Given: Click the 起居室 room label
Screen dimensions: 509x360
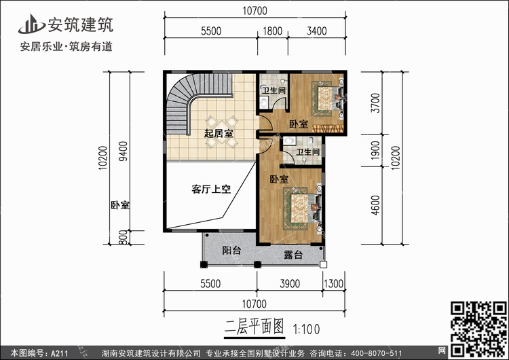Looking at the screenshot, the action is [218, 133].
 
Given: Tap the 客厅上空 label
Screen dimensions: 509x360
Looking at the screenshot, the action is [211, 189].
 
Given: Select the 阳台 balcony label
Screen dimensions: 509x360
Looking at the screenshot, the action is [231, 250].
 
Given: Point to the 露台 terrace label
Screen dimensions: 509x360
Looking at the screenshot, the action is [293, 255].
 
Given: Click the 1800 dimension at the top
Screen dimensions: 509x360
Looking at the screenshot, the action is [272, 31].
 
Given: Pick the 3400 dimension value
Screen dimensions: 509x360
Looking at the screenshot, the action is [316, 31].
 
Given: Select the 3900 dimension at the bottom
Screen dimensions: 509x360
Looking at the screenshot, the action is [290, 284].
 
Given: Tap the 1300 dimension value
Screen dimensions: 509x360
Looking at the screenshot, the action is [333, 284].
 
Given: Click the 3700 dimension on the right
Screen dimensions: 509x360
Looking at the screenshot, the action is [375, 103].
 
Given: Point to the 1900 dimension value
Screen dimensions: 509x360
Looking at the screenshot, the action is [375, 150].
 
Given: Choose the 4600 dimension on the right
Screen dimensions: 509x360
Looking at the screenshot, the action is [375, 205].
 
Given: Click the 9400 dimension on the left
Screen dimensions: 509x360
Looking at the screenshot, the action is [123, 151].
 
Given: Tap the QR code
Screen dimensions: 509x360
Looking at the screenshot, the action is [478, 329].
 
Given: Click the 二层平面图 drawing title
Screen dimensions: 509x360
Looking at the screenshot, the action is [254, 327].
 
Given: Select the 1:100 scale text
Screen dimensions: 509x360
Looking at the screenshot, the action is [307, 329].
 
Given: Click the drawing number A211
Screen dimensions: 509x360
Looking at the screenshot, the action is [59, 353].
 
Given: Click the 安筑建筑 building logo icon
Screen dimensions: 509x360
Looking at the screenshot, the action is [31, 24].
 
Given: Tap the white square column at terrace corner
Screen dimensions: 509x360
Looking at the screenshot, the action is [323, 264].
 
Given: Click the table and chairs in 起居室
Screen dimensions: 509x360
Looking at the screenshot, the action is [222, 131].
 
